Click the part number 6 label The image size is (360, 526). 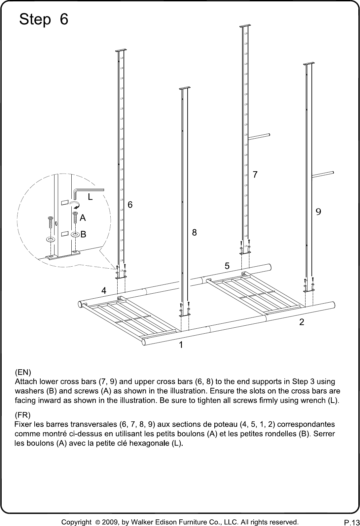(130, 205)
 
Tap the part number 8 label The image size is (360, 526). (194, 232)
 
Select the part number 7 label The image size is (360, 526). (255, 175)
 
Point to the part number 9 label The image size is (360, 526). (318, 212)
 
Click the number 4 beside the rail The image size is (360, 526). (104, 290)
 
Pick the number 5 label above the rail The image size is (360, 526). (227, 266)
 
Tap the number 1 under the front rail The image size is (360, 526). (181, 345)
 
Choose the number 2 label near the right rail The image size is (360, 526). (302, 322)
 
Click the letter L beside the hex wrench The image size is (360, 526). (90, 197)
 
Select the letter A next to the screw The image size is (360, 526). (83, 218)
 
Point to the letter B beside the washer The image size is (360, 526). (84, 234)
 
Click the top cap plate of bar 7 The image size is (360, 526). (245, 26)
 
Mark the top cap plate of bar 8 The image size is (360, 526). (185, 88)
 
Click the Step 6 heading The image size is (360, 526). (44, 19)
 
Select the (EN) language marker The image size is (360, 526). (23, 372)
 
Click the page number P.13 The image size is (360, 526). (352, 521)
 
